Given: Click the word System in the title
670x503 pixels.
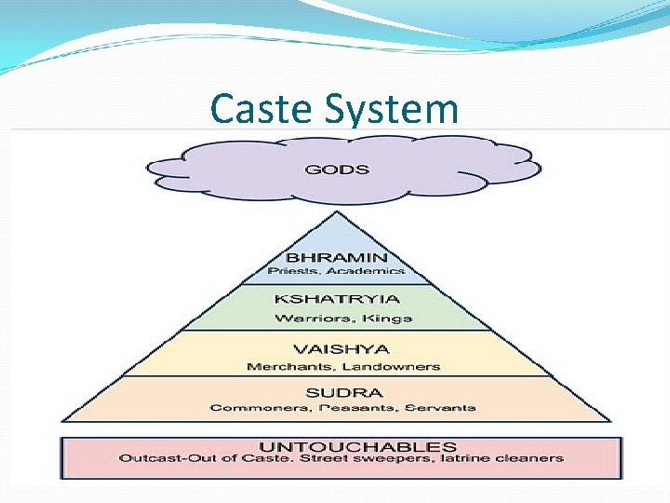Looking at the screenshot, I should pos(391,111).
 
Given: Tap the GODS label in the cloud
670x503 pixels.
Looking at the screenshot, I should pos(337,170).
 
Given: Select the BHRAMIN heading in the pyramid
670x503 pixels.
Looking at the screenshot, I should pos(336,257).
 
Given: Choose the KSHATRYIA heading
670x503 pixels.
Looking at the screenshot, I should pos(337,299).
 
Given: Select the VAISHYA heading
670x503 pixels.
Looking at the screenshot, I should pos(337,349).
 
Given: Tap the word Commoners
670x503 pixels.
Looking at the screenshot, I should pos(246,408).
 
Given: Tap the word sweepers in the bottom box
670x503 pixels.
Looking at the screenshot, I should pos(413,458).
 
